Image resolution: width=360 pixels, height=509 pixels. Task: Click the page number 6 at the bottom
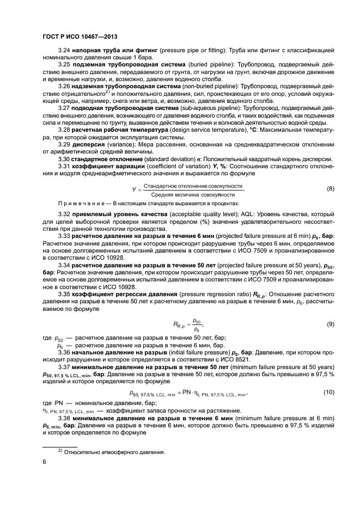[x=44, y=461]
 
